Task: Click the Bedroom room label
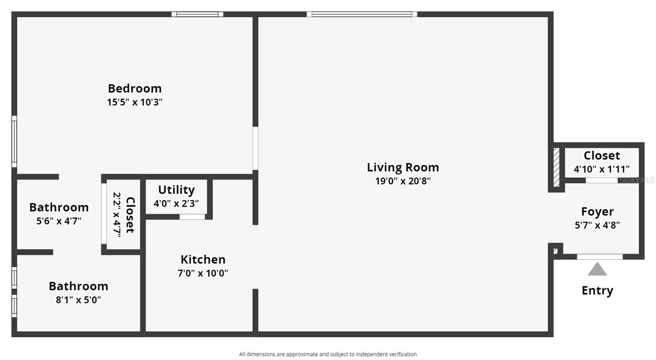pos(135,89)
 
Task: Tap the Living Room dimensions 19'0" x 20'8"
pos(403,181)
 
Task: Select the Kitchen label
pos(203,260)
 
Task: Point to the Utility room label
pos(176,190)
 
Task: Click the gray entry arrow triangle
pos(597,269)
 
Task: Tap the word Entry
pos(597,291)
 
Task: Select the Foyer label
pos(597,212)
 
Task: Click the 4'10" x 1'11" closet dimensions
pos(601,169)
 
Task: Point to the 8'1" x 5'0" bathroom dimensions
pos(78,300)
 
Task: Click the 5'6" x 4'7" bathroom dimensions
pos(59,221)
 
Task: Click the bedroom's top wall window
pos(197,14)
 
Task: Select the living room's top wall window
pos(362,14)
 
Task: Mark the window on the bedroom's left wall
pos(14,141)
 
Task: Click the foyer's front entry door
pos(600,257)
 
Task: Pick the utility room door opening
pos(192,217)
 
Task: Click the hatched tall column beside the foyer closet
pos(556,167)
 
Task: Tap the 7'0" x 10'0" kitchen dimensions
pos(203,273)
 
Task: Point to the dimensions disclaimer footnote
pos(328,354)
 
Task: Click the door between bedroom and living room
pos(255,148)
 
